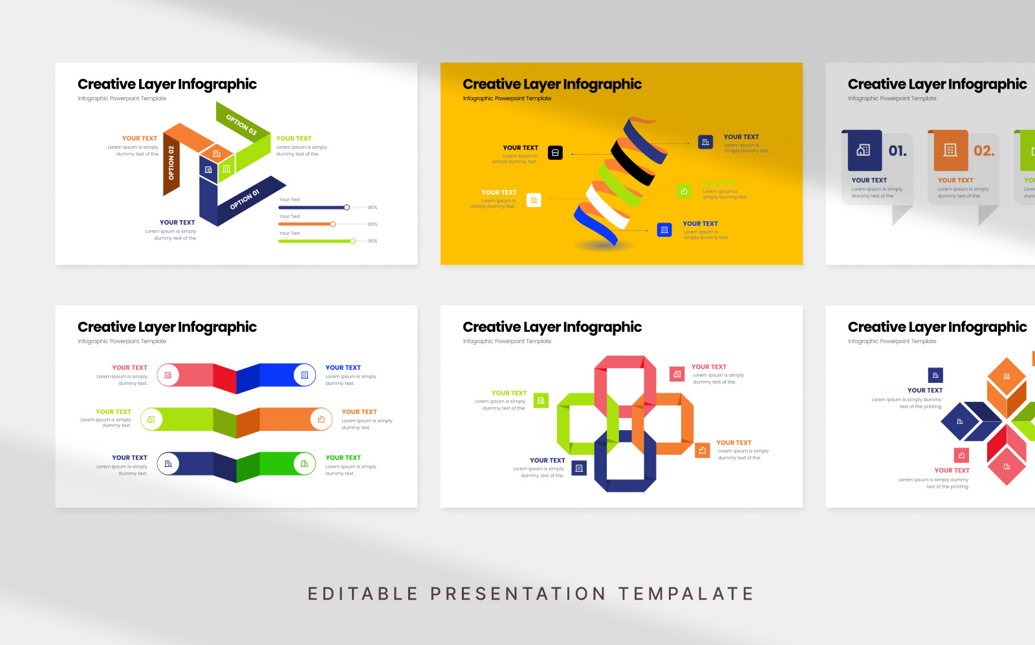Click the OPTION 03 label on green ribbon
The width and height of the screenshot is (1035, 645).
pos(241,124)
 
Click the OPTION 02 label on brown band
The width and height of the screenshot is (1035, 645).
pos(171,163)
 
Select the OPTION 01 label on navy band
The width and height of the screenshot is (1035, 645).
pos(245,200)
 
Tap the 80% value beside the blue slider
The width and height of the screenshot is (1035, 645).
pos(373,208)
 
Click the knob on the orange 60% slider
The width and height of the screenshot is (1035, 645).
pos(333,224)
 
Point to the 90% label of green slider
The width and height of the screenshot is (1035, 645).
pos(373,241)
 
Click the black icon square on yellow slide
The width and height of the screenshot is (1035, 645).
pos(555,153)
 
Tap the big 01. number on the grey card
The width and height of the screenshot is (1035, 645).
pos(897,151)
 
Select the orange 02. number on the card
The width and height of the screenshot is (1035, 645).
pos(984,151)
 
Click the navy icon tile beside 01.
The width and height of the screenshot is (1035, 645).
pos(864,150)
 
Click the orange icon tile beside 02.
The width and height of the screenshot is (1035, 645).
pos(950,150)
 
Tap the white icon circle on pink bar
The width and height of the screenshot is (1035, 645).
pos(168,375)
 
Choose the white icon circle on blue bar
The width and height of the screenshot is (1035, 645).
pos(305,375)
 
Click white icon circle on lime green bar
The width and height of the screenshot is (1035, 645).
pos(151,419)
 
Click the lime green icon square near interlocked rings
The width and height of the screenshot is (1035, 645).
pos(541,401)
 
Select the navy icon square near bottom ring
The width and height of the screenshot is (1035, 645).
pos(579,468)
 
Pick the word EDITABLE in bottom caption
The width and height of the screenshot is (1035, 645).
pos(363,594)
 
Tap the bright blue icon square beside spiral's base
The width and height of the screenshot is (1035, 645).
pos(664,230)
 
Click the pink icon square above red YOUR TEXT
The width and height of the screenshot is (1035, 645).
pos(961,455)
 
